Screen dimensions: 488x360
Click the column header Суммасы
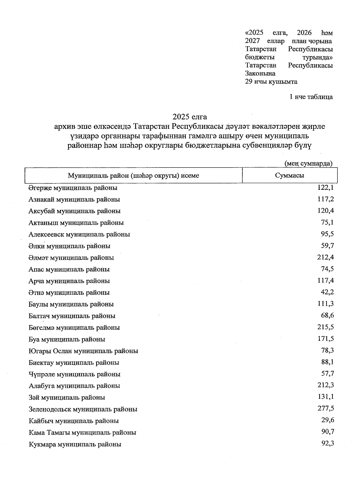pyautogui.click(x=289, y=176)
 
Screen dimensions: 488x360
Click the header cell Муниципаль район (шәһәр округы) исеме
pyautogui.click(x=133, y=176)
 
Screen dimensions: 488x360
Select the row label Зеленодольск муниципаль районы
pyautogui.click(x=83, y=409)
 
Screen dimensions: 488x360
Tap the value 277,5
pyautogui.click(x=326, y=408)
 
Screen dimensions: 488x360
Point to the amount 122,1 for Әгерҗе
pyautogui.click(x=326, y=188)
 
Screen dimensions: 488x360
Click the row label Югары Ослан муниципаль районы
pyautogui.click(x=83, y=351)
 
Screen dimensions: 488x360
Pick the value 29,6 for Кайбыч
pyautogui.click(x=328, y=420)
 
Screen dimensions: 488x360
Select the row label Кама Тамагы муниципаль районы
pyautogui.click(x=82, y=433)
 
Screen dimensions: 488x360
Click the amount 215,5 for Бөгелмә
pyautogui.click(x=326, y=327)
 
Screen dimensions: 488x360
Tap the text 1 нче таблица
pyautogui.click(x=311, y=97)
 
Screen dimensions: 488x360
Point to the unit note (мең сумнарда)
pyautogui.click(x=308, y=163)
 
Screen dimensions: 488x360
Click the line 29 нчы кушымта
pyautogui.click(x=271, y=82)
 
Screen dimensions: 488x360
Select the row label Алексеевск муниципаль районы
pyautogui.click(x=79, y=235)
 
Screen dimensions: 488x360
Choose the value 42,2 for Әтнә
pyautogui.click(x=328, y=292)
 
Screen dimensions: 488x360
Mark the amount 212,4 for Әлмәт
pyautogui.click(x=326, y=257)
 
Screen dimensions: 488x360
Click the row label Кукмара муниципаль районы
pyautogui.click(x=75, y=444)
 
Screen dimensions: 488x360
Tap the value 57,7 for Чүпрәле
pyautogui.click(x=328, y=374)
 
